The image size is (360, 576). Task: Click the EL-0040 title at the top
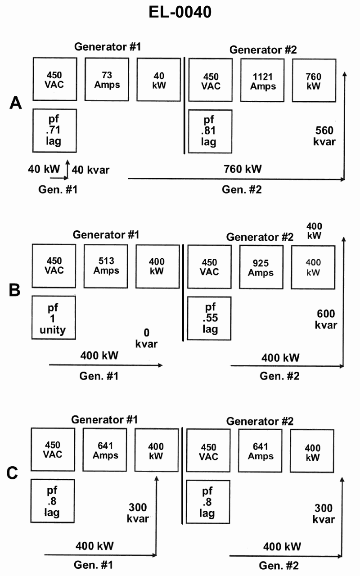click(180, 13)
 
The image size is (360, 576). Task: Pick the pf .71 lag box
click(54, 130)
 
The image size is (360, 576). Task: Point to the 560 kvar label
click(324, 136)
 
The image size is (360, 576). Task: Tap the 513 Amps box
click(106, 266)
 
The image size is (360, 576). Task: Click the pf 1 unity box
click(54, 318)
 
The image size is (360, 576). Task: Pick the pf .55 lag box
click(209, 319)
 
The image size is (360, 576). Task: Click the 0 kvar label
click(146, 339)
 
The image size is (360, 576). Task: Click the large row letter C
click(13, 473)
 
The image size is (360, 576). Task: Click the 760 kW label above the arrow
click(243, 170)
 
